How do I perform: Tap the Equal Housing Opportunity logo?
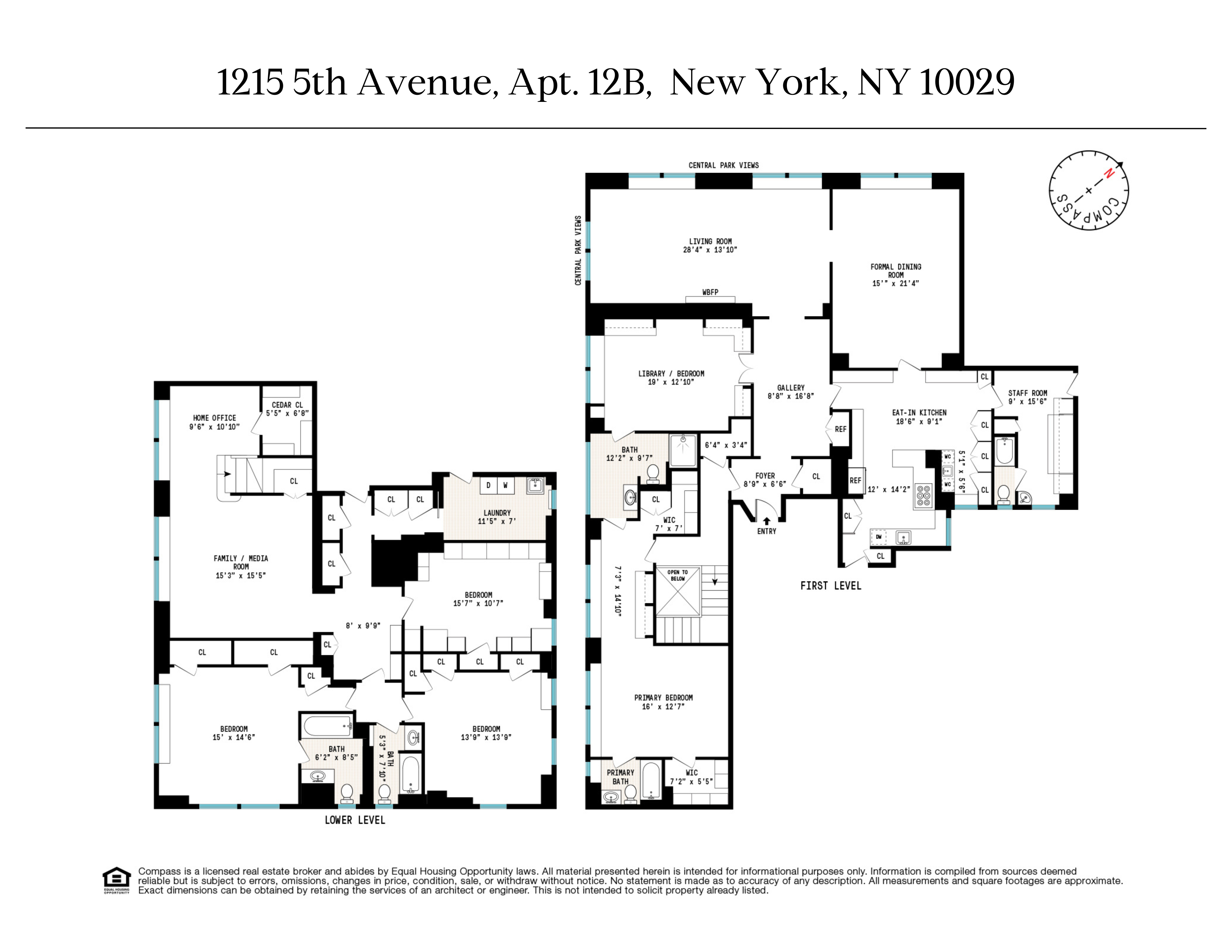(x=116, y=880)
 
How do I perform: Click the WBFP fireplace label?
(x=710, y=292)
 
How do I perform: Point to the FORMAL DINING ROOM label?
(x=895, y=275)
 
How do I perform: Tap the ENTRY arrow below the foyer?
(x=766, y=522)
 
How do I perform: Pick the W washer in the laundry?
(x=505, y=485)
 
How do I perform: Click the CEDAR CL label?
(x=287, y=405)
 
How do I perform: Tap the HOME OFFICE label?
(x=214, y=418)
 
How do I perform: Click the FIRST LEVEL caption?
(x=830, y=586)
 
